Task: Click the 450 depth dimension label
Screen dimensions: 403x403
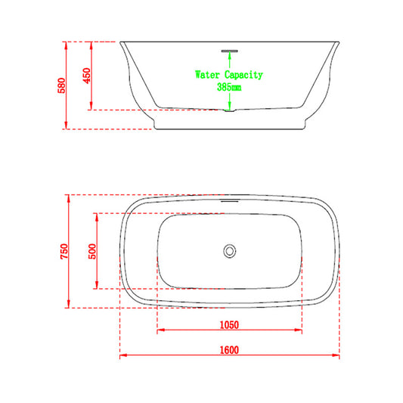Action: [x=88, y=76]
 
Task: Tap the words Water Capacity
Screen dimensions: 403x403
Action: [x=228, y=75]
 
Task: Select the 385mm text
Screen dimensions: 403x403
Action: [x=228, y=87]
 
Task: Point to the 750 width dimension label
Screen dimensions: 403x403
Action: [x=65, y=251]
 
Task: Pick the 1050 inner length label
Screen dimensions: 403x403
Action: [x=229, y=326]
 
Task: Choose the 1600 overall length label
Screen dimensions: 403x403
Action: [x=229, y=349]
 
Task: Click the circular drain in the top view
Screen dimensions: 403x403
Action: [x=229, y=251]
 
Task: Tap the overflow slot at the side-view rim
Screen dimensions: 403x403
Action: [x=229, y=51]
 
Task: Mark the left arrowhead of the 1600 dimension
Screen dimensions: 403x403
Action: [x=122, y=355]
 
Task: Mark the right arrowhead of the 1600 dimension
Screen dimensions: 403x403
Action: [x=336, y=355]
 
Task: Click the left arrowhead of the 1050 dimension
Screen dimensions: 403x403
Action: [x=159, y=331]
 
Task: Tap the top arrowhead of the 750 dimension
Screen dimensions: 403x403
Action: [x=70, y=197]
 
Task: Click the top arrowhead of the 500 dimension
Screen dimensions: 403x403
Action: [x=97, y=215]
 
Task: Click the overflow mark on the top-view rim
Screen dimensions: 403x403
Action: [x=229, y=202]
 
